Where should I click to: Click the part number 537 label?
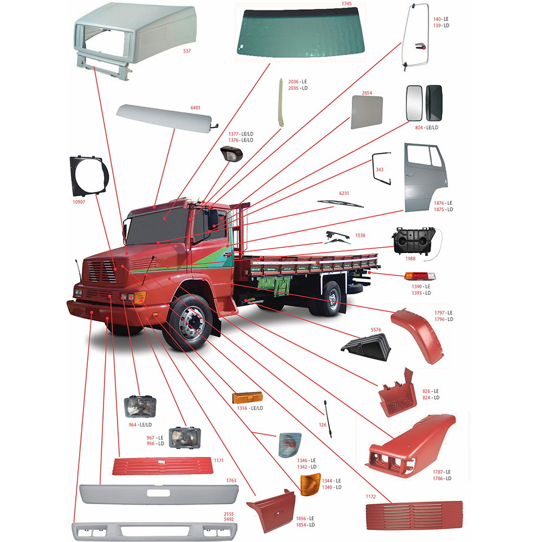coord(188,51)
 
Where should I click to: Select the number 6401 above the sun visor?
coord(195,108)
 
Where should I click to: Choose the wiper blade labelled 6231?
coord(340,204)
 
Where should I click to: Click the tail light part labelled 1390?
coord(420,276)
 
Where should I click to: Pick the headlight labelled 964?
coord(139,406)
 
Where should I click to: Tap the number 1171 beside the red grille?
coord(218,460)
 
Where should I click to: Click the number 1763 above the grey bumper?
coord(231,480)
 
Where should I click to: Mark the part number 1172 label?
coord(370,495)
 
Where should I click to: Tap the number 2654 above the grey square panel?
coord(366,93)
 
